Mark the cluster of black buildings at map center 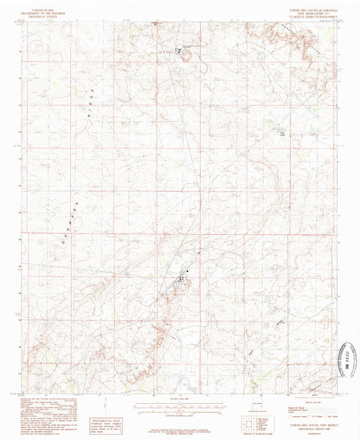point(182,277)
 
